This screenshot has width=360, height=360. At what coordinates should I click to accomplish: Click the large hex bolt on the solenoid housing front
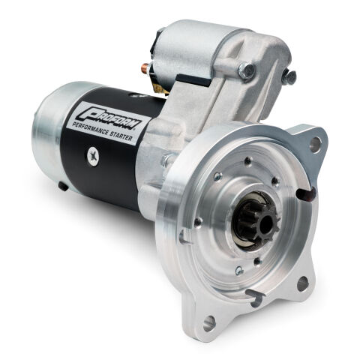[246, 70]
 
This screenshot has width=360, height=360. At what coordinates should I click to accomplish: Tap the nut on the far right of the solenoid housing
[289, 76]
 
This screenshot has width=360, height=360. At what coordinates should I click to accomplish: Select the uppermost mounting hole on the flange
[315, 141]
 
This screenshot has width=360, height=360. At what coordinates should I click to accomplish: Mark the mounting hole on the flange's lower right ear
[302, 283]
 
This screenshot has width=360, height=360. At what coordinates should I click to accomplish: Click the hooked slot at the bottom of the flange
[255, 300]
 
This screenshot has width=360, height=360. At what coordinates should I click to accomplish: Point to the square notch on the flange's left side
[184, 237]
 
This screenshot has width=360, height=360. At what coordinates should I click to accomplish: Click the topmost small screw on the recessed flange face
[247, 160]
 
